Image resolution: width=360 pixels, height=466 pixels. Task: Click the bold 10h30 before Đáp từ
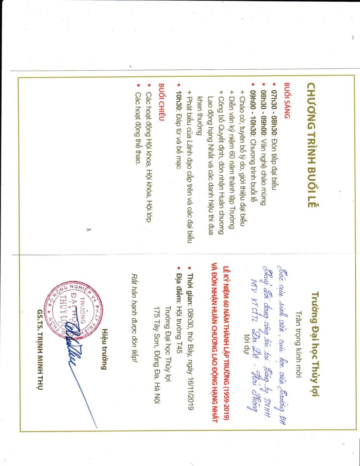[179, 94]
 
